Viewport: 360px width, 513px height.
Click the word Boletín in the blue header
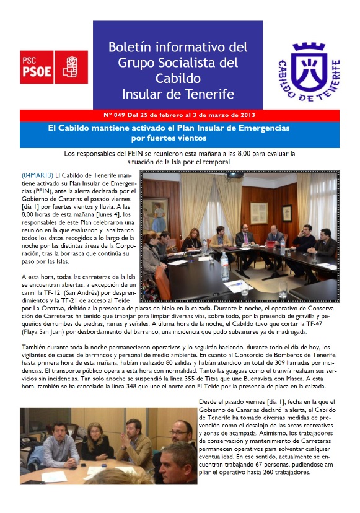(131, 47)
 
